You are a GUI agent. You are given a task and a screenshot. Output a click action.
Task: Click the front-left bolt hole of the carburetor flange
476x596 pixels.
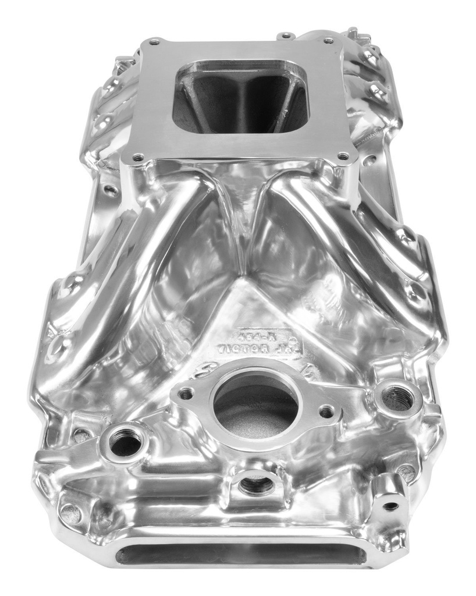(137, 157)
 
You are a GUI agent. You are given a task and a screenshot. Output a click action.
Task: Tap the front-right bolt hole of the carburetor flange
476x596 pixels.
(343, 156)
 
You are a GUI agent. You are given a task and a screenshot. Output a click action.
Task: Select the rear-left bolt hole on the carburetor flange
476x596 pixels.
(154, 41)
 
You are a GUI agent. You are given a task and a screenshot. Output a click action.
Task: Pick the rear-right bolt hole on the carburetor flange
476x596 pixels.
(328, 41)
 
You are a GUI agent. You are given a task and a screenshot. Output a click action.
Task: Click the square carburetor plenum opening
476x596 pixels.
(240, 96)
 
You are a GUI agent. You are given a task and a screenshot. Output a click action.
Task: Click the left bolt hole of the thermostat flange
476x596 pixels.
(186, 394)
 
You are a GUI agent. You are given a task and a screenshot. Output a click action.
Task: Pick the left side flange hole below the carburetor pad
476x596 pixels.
(109, 189)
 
